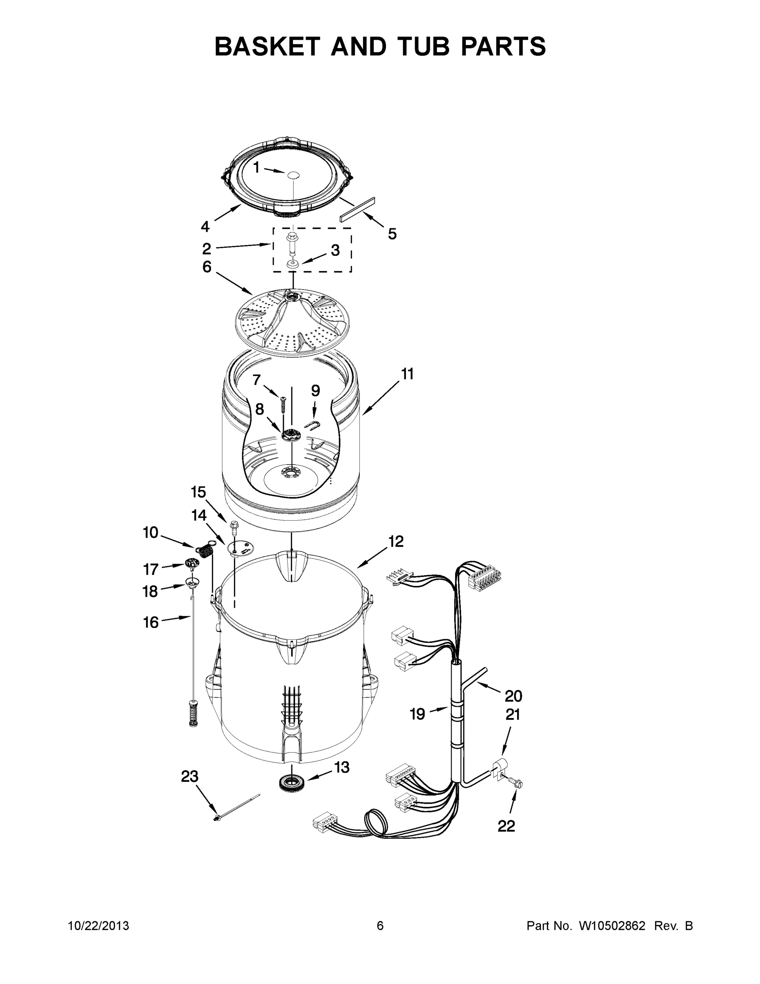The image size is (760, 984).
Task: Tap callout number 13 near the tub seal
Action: [342, 766]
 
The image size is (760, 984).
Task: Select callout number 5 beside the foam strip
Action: [392, 234]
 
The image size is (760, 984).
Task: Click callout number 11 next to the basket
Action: [407, 374]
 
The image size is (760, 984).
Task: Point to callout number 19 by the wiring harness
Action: [417, 714]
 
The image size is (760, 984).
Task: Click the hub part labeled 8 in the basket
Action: [291, 435]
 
